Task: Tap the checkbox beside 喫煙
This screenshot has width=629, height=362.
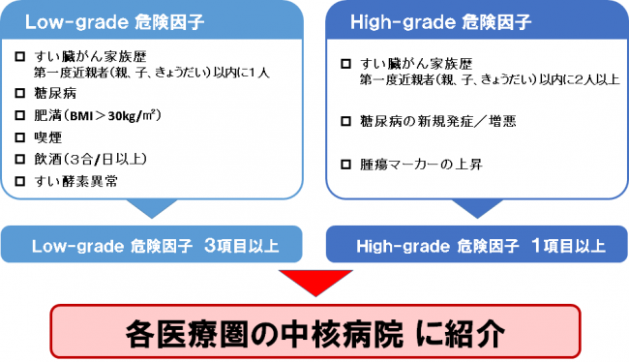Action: pos(21,136)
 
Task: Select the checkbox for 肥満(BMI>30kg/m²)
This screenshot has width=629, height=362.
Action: pos(21,114)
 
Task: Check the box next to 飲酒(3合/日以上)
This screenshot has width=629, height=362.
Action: pos(21,159)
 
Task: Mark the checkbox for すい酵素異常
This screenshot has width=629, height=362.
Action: pos(21,181)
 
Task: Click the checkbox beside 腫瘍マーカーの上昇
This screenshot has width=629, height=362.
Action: pos(346,165)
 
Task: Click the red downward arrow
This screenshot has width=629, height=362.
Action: pos(314,284)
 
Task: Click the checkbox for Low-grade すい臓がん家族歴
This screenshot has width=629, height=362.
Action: pos(21,56)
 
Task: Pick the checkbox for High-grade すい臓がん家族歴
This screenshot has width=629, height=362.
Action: pos(346,64)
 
